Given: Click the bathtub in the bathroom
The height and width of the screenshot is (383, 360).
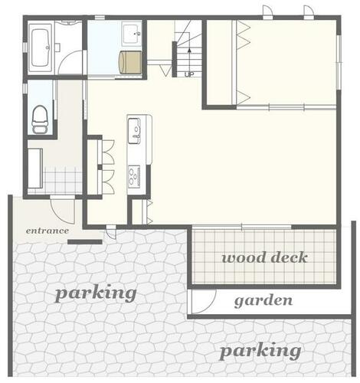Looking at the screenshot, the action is pos(40,47).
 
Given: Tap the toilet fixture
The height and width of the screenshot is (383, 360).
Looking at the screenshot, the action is pos(40,119).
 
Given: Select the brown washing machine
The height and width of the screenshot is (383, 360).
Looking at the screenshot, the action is pos(130,62).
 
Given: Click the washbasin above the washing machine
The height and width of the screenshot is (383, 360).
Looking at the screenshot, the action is pos(132,34).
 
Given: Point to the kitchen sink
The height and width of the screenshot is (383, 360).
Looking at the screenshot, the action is pos(134,130).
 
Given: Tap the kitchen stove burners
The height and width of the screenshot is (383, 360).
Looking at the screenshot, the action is pos(134,176).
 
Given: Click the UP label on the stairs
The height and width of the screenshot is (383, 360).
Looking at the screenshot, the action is pos(189,74).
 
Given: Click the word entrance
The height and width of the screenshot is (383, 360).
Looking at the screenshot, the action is pos(47,231).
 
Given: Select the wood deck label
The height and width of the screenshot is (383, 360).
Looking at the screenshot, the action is pos(264,257).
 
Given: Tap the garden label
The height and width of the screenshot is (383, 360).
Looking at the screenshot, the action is pos(263,301).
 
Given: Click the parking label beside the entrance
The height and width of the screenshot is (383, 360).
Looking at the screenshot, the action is pos(96,293).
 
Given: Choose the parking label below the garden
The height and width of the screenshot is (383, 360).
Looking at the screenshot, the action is pos(260,352).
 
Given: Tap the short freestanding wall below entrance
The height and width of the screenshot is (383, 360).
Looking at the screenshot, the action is pos(85,242).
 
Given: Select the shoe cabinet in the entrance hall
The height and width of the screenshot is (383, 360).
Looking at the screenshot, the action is pos(35,168).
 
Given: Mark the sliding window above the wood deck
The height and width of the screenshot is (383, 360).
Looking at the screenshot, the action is pos(241,227).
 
